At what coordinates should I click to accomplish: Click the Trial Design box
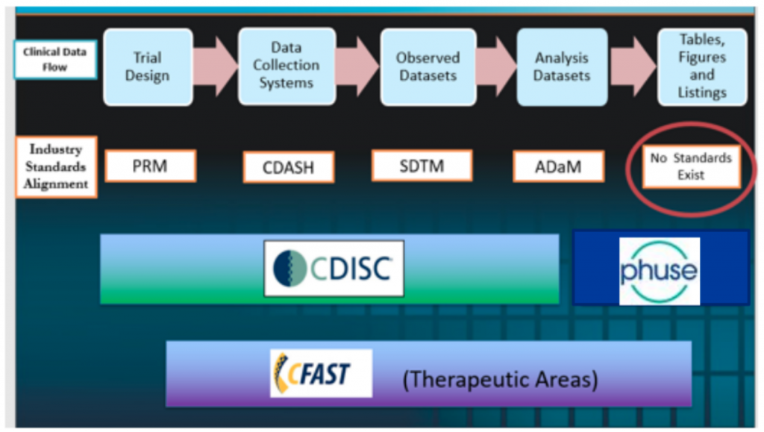click(148, 66)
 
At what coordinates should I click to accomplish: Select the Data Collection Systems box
click(287, 66)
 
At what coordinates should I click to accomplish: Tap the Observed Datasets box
click(428, 66)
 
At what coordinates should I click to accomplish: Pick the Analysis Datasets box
click(562, 66)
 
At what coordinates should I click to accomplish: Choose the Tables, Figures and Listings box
click(702, 66)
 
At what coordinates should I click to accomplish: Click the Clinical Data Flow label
click(55, 60)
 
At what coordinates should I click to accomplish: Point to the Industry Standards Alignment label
click(56, 167)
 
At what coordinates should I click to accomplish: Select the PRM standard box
click(151, 166)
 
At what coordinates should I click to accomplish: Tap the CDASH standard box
click(289, 168)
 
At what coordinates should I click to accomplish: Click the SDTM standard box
click(422, 166)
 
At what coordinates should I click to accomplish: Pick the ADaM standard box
click(558, 166)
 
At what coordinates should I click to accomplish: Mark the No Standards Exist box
click(692, 166)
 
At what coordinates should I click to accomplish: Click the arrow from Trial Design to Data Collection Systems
click(216, 66)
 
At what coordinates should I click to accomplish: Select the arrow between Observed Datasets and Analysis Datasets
click(496, 66)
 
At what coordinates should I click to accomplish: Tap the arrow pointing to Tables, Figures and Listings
click(633, 66)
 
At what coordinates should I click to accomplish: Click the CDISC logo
click(334, 269)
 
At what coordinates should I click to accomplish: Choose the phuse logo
click(660, 272)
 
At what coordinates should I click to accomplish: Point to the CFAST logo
click(321, 373)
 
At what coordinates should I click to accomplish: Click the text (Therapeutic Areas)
click(501, 380)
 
